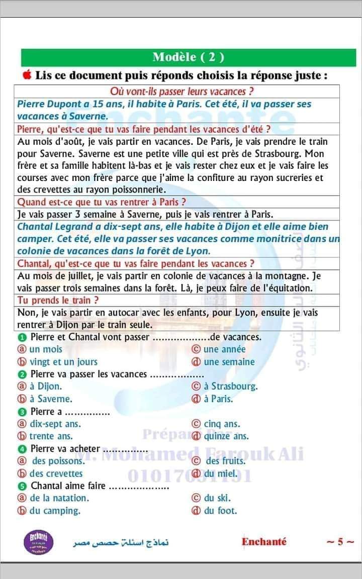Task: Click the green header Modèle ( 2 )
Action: tap(188, 57)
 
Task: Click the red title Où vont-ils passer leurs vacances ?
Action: tap(181, 91)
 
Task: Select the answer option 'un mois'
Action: tap(45, 349)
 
